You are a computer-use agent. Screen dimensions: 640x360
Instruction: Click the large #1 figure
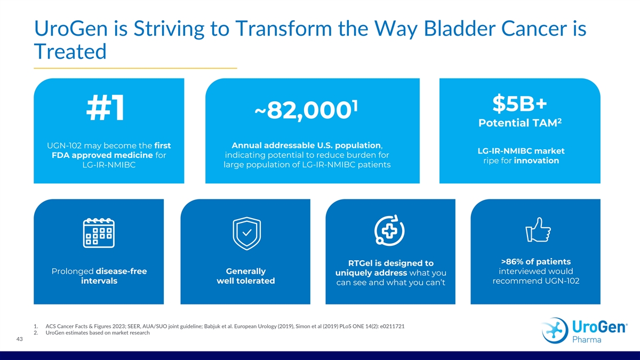(106, 108)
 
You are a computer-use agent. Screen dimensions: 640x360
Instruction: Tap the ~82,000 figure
(306, 110)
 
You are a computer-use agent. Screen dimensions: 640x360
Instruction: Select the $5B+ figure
(519, 103)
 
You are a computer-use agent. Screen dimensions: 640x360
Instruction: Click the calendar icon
(99, 233)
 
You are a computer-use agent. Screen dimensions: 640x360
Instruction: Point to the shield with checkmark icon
(246, 234)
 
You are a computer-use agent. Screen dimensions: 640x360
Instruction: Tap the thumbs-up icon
(538, 229)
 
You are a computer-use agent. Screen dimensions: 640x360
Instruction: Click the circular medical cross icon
(389, 230)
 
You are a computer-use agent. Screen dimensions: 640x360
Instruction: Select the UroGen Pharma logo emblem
(555, 331)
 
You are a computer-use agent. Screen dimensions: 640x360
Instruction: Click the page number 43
(19, 339)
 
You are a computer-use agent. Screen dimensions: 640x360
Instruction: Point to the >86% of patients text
(535, 261)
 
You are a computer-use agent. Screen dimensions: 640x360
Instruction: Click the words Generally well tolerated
(246, 276)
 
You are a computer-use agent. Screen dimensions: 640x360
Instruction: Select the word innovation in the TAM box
(537, 161)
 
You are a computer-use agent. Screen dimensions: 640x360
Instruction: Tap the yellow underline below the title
(135, 68)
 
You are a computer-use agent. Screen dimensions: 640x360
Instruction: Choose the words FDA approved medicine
(102, 155)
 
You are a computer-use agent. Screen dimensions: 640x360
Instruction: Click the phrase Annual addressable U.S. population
(306, 146)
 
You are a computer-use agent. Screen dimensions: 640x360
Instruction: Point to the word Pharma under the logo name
(587, 339)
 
